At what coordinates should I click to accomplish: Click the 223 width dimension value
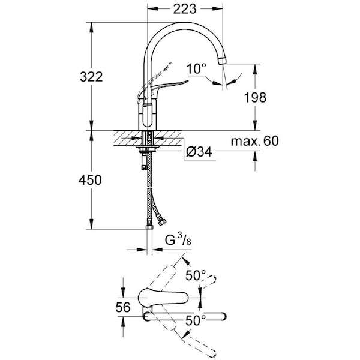point(185,9)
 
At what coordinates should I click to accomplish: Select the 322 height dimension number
point(91,77)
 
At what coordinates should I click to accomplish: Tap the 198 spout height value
point(255,97)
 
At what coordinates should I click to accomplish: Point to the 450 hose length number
point(90,180)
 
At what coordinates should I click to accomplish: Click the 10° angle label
point(196,68)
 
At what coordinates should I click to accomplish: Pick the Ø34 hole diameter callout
point(199,152)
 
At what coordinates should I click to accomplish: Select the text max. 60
point(254,141)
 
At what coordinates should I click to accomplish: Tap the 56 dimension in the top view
point(123,307)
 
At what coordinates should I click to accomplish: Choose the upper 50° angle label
point(196,275)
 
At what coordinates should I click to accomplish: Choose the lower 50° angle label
point(196,320)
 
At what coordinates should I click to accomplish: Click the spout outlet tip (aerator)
point(222,61)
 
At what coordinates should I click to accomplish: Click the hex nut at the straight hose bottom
point(149,227)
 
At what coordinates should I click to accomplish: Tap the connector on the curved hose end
point(163,222)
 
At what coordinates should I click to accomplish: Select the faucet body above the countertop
point(148,115)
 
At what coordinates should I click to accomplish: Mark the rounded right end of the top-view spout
point(223,316)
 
